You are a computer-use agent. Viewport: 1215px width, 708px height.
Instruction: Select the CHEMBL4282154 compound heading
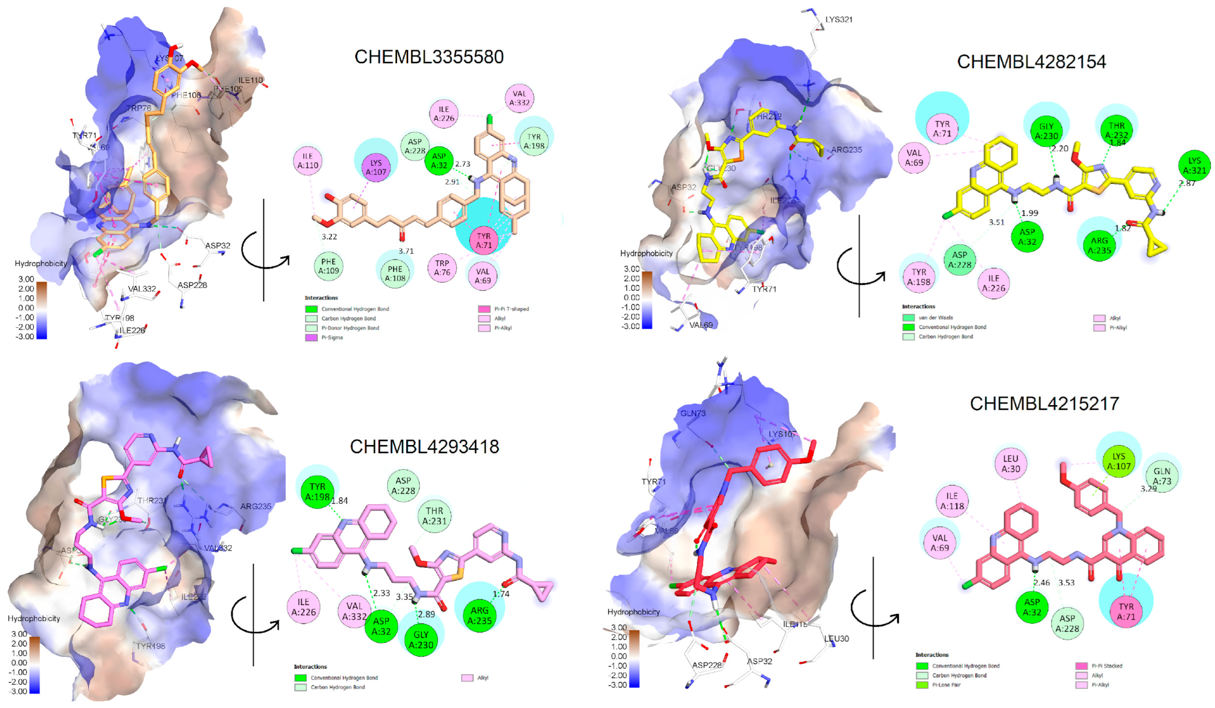(x=1031, y=62)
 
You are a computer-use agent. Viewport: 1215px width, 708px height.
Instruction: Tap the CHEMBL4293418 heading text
(x=424, y=447)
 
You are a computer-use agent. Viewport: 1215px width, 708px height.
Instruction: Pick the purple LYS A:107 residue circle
(x=376, y=168)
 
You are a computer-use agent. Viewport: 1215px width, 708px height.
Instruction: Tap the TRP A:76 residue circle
(x=442, y=267)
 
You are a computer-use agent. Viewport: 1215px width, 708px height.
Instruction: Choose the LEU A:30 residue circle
(x=1011, y=463)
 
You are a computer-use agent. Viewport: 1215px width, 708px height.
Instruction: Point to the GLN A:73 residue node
(x=1162, y=476)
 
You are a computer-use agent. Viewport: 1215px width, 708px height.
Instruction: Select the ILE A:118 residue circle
(x=952, y=501)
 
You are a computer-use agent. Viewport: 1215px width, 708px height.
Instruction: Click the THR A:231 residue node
(x=434, y=516)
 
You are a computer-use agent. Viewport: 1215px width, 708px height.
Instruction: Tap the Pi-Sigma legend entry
(x=332, y=337)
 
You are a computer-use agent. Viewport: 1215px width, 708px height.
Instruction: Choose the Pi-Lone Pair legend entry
(x=946, y=685)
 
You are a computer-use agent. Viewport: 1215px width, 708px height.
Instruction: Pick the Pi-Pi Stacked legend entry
(x=1107, y=665)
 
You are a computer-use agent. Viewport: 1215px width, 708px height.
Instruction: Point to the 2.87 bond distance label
(x=1187, y=183)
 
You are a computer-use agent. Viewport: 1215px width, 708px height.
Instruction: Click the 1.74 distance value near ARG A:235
(x=501, y=594)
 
